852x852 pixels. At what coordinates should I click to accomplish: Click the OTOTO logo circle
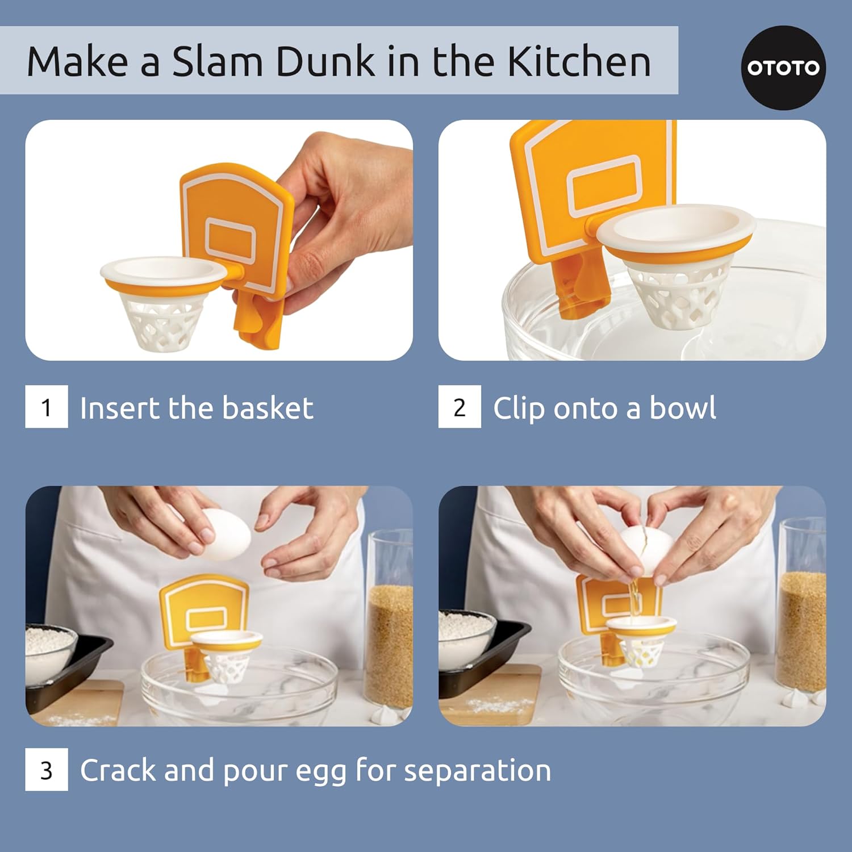click(783, 68)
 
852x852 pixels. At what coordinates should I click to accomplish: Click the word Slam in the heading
click(218, 61)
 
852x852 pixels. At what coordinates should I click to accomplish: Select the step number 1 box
click(47, 407)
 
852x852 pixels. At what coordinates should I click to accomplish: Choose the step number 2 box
click(460, 407)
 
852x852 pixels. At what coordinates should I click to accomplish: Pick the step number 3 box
click(47, 770)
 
